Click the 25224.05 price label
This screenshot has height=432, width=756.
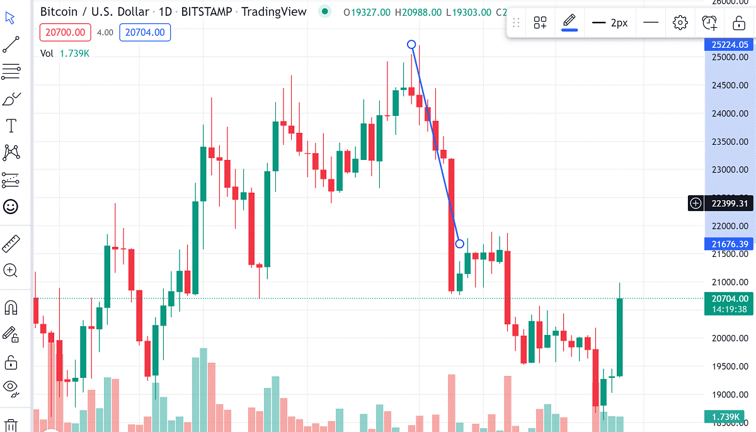click(730, 45)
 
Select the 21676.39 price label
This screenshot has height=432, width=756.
click(730, 244)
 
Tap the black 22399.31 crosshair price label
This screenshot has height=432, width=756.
click(730, 203)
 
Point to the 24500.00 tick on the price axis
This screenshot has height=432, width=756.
click(730, 86)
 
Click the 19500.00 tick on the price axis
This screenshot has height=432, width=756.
click(730, 367)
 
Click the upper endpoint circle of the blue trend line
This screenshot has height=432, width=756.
click(411, 44)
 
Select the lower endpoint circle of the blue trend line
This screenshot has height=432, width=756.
click(460, 244)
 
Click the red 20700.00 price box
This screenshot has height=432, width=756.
click(66, 33)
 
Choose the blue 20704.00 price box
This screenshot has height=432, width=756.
click(145, 33)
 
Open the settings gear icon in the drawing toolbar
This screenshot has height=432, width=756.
click(680, 23)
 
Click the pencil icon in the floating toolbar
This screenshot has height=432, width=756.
click(570, 22)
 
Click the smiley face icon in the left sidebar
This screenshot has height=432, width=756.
click(11, 206)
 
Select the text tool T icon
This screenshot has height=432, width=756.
click(11, 126)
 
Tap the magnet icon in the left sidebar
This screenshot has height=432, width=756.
click(11, 307)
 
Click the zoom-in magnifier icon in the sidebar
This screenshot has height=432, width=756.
click(11, 271)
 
